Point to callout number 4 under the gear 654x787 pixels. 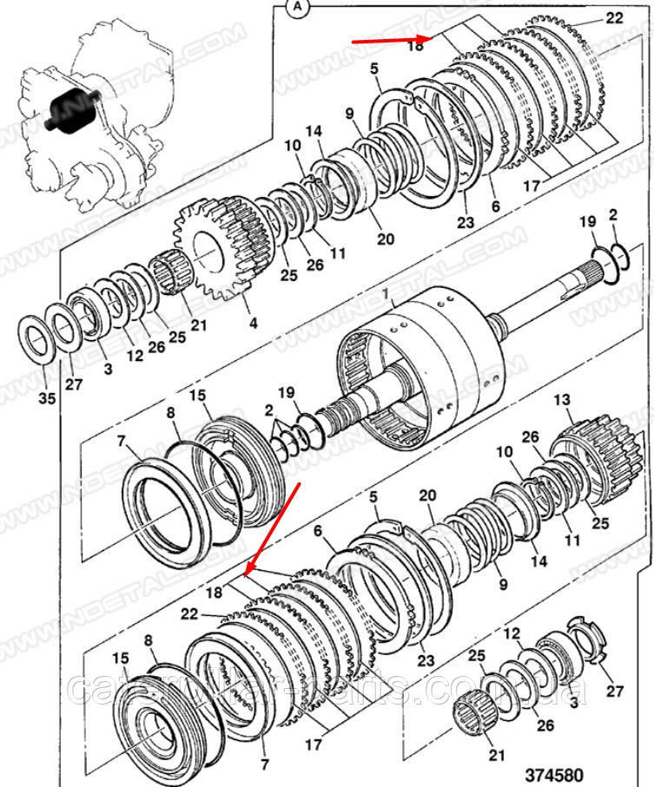pyautogui.click(x=253, y=324)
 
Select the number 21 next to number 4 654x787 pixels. pyautogui.click(x=199, y=325)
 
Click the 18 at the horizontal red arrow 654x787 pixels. pyautogui.click(x=414, y=46)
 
